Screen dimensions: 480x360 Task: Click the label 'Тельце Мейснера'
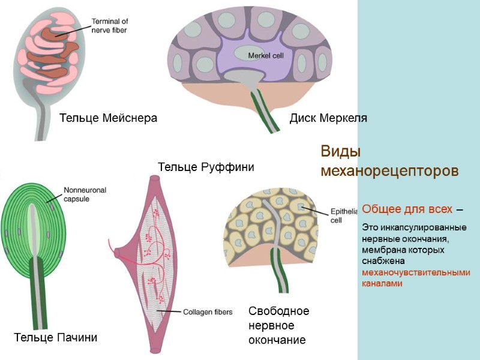coord(108,118)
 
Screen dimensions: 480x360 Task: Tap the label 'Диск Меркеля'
coord(328,118)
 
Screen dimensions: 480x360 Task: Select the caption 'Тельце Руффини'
coord(205,167)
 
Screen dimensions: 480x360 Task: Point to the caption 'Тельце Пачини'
coord(55,338)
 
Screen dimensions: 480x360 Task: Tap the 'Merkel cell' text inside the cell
coord(265,56)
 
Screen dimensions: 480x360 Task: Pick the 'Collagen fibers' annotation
coord(207,311)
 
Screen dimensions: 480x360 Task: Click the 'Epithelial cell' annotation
coord(343,215)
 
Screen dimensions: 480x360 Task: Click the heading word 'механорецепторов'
coord(389,171)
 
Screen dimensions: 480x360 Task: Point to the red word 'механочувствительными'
coord(416,272)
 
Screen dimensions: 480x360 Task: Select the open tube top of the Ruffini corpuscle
coord(154,179)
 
